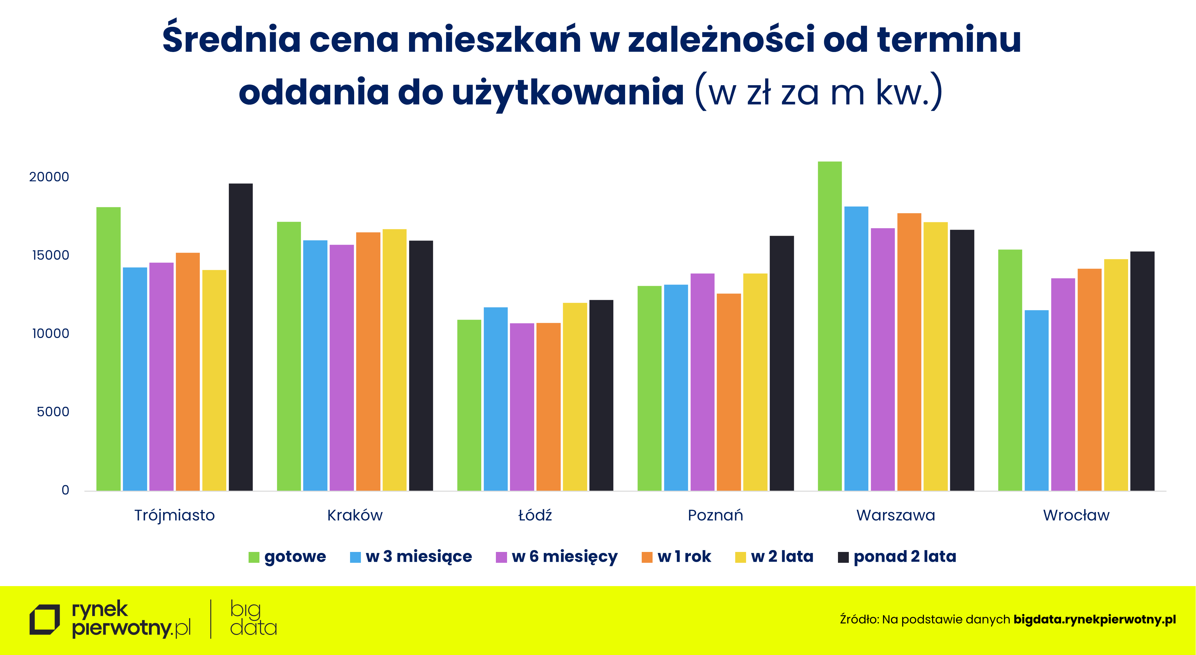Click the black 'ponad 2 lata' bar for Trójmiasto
coord(241,337)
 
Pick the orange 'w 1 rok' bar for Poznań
coord(729,392)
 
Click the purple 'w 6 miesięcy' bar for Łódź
coord(522,407)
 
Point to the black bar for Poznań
coord(781,363)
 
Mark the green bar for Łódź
coord(469,405)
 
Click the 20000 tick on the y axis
coord(49,177)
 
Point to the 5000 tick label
coord(53,412)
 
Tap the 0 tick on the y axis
coord(65,490)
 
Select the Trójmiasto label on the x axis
coord(175,515)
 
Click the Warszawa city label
coord(896,515)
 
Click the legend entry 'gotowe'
coord(295,557)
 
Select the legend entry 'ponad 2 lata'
coord(904,557)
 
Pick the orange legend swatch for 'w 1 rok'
coord(647,557)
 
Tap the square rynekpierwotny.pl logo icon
coord(45,619)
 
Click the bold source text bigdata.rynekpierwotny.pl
coord(1094,619)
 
